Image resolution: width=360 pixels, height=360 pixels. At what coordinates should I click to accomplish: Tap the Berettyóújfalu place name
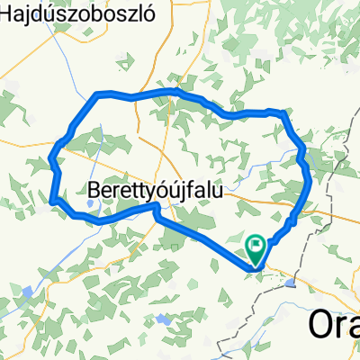point(157,191)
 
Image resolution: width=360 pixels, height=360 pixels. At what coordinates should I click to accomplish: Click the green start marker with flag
point(256,244)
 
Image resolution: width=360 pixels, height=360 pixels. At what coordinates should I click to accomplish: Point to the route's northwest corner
point(97,94)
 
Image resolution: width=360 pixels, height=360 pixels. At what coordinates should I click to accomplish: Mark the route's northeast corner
point(283,112)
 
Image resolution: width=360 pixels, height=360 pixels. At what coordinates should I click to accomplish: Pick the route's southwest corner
point(54,198)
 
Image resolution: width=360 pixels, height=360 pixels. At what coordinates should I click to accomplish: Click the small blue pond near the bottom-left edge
point(27,292)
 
